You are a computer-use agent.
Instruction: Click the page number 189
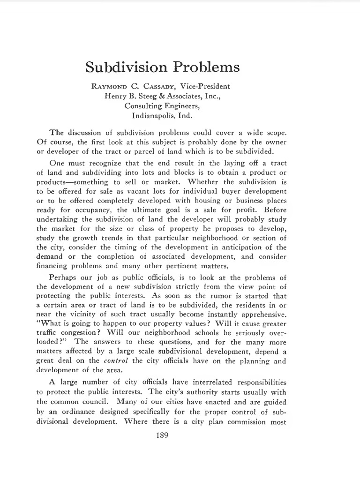162,435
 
